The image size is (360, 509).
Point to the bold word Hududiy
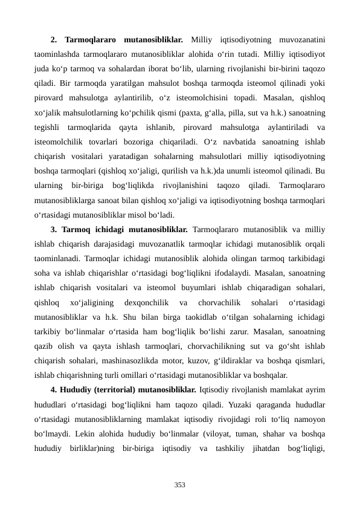77,387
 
